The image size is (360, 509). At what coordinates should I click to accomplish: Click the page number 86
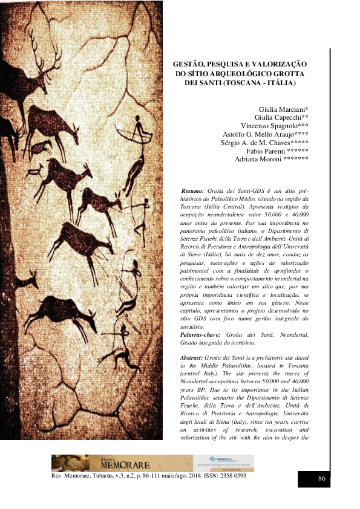click(322, 479)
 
